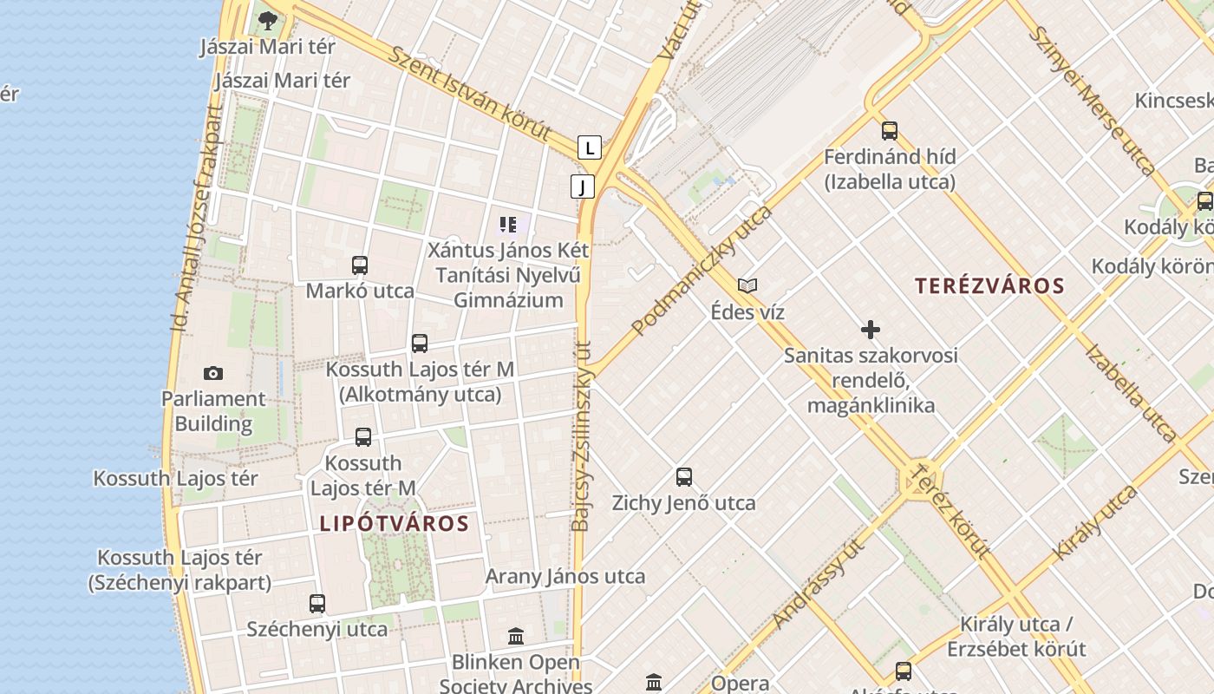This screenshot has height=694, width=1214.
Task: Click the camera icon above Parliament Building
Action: [x=213, y=374]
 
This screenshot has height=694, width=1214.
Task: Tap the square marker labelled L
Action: [x=590, y=147]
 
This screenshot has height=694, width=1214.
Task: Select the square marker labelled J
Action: [x=583, y=187]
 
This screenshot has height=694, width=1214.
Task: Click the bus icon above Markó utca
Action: [x=360, y=265]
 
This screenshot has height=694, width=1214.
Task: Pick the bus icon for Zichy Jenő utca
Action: [x=684, y=477]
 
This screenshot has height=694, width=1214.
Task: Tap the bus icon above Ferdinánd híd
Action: [x=890, y=131]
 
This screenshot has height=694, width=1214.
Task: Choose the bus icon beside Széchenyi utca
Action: [x=317, y=604]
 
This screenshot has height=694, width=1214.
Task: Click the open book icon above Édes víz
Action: [x=747, y=285]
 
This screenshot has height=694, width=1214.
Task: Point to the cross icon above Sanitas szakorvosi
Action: [x=871, y=330]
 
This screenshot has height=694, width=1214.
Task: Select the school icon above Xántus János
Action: [x=508, y=226]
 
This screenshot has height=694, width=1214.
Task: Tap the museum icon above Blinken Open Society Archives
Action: [x=516, y=637]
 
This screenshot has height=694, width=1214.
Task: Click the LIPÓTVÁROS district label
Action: [x=395, y=524]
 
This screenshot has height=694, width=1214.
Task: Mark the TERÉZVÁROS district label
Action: [x=989, y=285]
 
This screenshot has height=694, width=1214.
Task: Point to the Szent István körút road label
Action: [x=469, y=93]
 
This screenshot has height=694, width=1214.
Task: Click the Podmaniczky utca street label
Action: [x=702, y=270]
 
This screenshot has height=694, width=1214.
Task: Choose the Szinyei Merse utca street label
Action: [x=1092, y=100]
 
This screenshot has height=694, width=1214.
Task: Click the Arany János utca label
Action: [x=565, y=576]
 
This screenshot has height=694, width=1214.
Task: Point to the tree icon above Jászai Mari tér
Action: [x=267, y=20]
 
